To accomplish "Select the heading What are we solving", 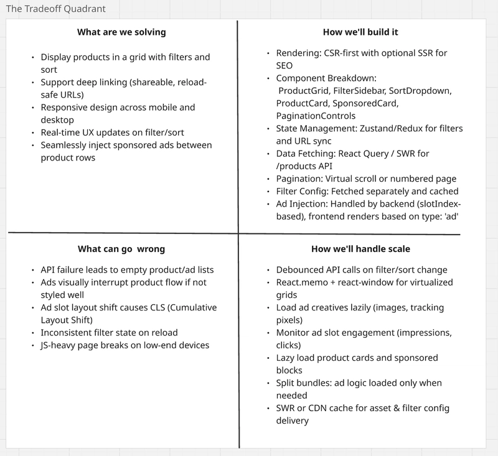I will coord(121,32).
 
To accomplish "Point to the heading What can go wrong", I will coord(122,249).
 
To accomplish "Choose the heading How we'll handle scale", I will coord(361,249).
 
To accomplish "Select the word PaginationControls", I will coord(316,116).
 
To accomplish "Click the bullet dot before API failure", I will coord(33,270).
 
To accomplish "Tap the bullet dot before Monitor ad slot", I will coord(268,333).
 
